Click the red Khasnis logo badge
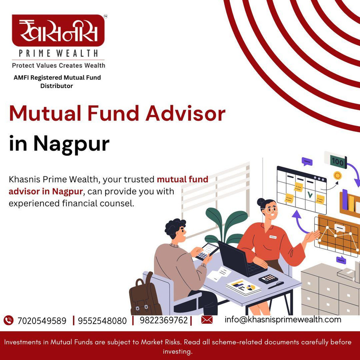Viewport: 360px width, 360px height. coord(58,31)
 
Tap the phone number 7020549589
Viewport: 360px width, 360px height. coord(42,321)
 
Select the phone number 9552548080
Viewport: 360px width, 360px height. coord(102,321)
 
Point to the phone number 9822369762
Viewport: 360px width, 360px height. coord(164,320)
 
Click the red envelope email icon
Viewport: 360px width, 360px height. coord(207,320)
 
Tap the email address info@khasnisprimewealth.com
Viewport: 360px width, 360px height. coord(283,319)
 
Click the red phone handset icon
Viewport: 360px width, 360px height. coord(8,320)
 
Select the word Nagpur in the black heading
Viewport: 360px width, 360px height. coord(71,144)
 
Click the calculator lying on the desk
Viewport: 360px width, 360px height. coord(268,279)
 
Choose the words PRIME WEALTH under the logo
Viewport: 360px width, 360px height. coord(58,53)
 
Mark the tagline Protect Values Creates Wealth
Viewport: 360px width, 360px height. coord(58,65)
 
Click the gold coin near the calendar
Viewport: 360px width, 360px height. coord(337,176)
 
